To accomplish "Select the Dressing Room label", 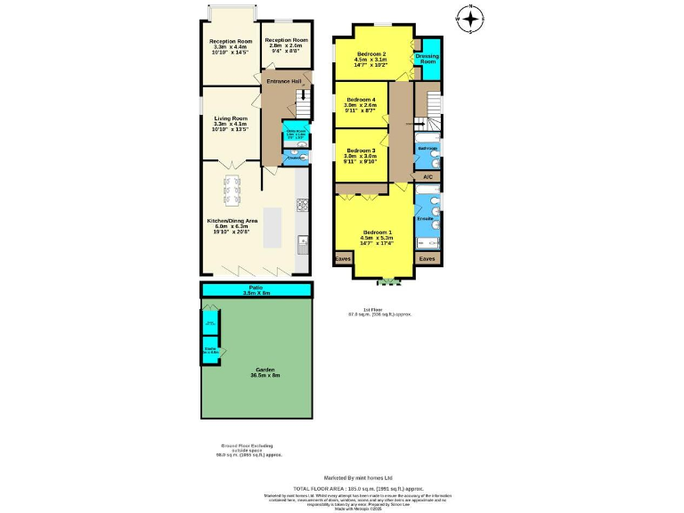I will pyautogui.click(x=427, y=59).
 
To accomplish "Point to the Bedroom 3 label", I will pyautogui.click(x=361, y=151).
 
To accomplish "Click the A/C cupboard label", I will pyautogui.click(x=427, y=177).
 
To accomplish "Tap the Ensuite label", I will pyautogui.click(x=425, y=217).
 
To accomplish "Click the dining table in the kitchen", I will pyautogui.click(x=232, y=188).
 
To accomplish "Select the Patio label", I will pyautogui.click(x=256, y=286).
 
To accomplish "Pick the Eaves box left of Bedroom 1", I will pyautogui.click(x=343, y=259).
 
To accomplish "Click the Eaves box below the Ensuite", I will pyautogui.click(x=427, y=259).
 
